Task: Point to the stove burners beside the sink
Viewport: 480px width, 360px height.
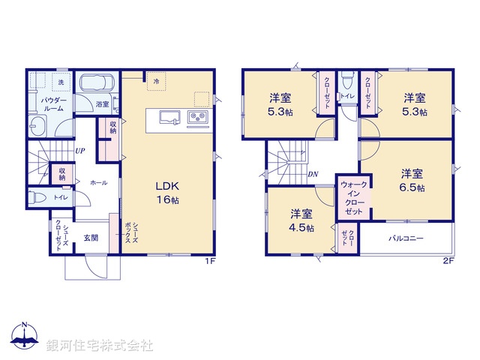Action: tap(196, 117)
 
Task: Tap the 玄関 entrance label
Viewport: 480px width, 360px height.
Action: tap(90, 238)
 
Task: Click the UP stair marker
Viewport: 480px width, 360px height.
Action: tap(79, 150)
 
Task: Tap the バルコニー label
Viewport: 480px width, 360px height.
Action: tap(406, 238)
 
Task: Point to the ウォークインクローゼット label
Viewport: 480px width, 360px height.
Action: tap(352, 198)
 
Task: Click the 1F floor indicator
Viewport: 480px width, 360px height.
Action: tap(210, 261)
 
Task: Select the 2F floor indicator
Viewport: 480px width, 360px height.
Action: tap(448, 261)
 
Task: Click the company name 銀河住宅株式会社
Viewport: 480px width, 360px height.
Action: tap(100, 346)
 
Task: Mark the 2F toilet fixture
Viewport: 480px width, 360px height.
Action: tap(346, 80)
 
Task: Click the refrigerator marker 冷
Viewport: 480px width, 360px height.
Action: tap(156, 80)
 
